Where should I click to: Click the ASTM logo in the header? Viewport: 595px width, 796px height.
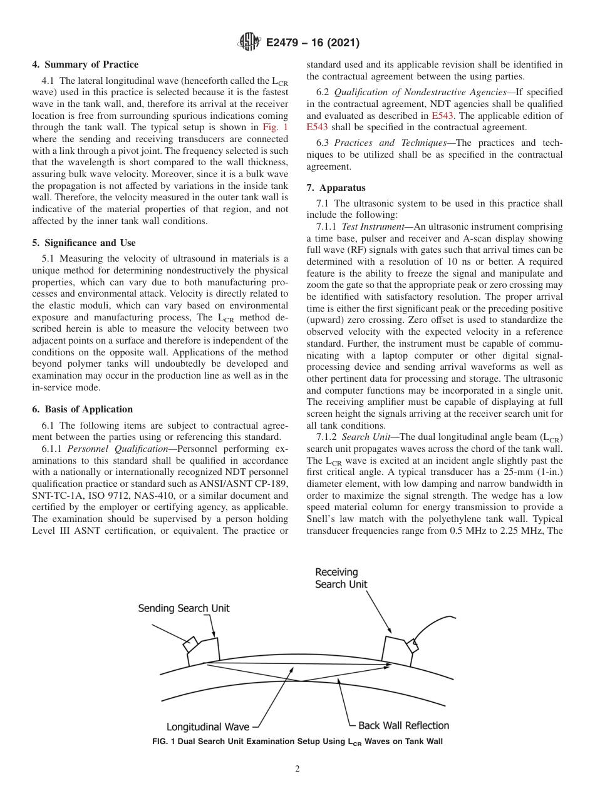[x=250, y=43]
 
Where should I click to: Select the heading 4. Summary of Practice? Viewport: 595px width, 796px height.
[x=85, y=64]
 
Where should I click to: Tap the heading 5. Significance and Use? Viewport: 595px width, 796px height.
[x=84, y=243]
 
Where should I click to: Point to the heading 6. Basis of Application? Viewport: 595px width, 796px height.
[x=82, y=409]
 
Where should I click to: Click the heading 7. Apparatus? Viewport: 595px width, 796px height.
[x=336, y=188]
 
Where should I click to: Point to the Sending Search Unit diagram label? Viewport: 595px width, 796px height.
[x=184, y=608]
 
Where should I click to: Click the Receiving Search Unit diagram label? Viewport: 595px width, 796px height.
[x=341, y=578]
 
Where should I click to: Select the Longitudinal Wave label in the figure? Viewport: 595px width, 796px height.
[x=207, y=727]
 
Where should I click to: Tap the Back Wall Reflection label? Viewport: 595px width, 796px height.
[x=403, y=725]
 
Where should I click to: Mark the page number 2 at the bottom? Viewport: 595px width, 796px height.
[x=297, y=769]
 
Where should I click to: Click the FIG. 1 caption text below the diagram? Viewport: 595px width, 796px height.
[x=297, y=742]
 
